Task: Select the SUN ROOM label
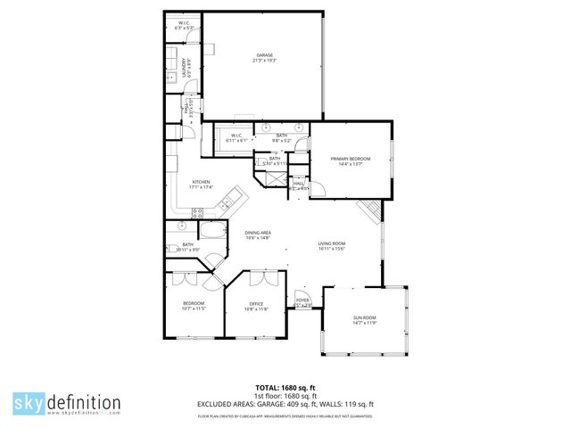[365, 320]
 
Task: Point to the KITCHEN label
[201, 183]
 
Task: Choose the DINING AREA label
[258, 235]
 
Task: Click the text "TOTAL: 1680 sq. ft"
[285, 387]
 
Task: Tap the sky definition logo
[66, 402]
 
